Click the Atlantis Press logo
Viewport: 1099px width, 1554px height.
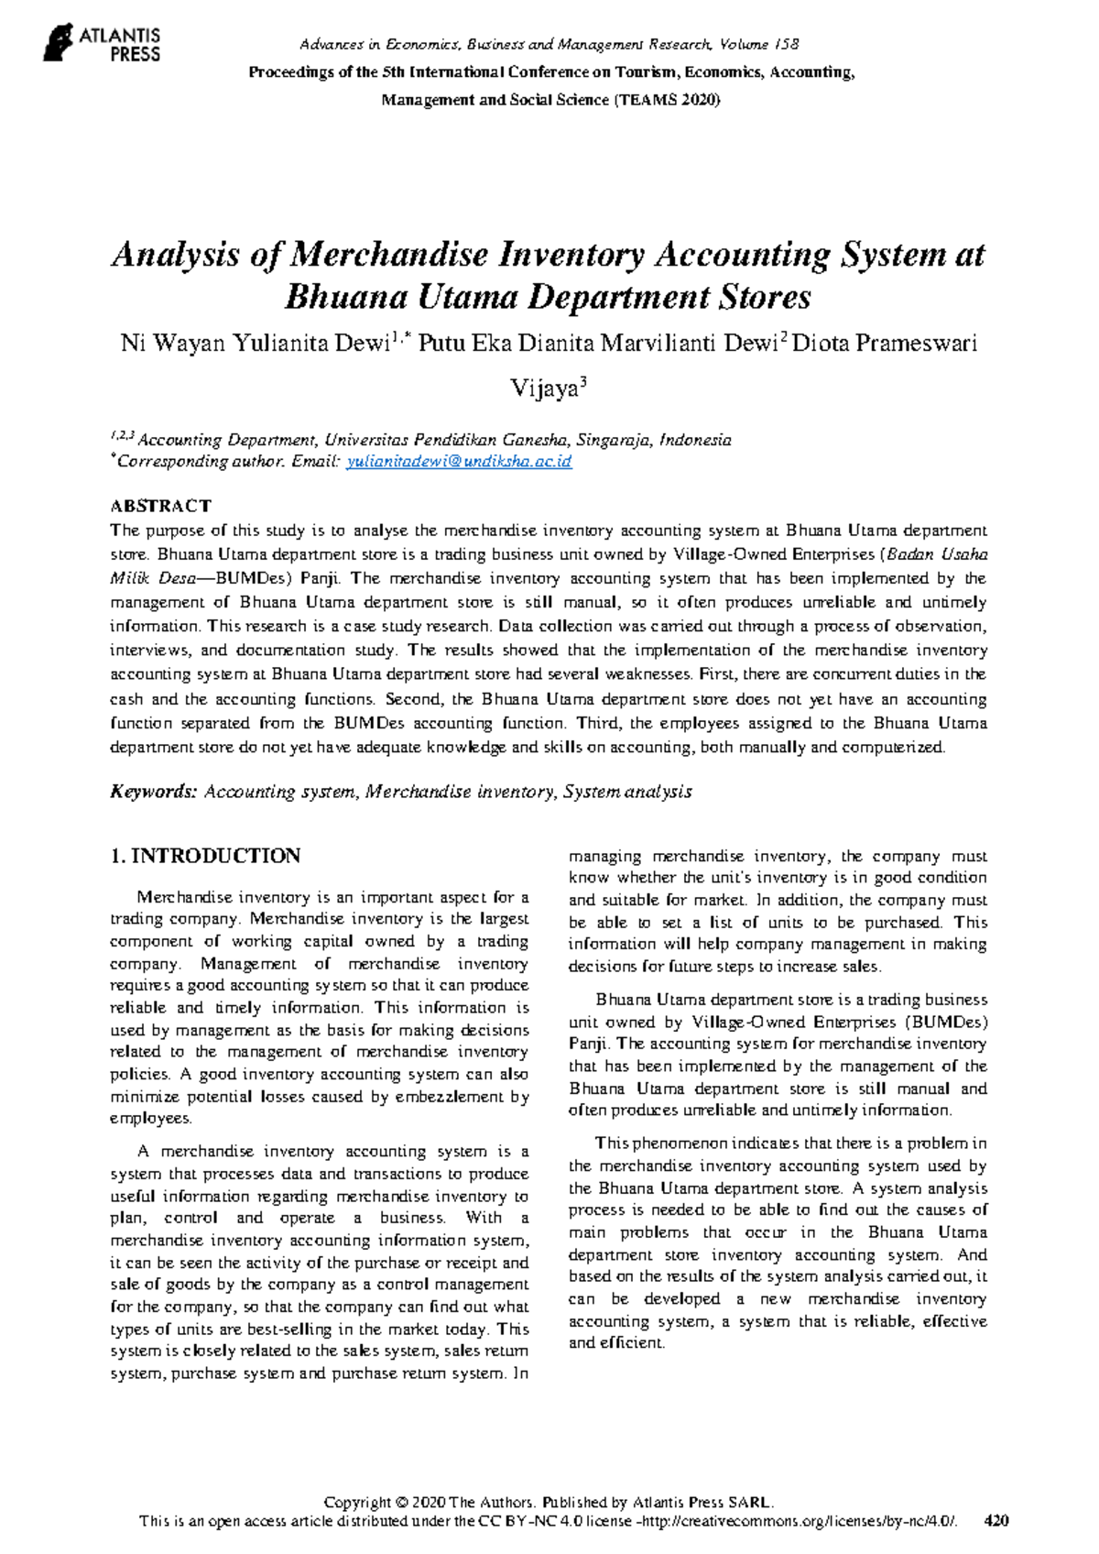click(x=102, y=43)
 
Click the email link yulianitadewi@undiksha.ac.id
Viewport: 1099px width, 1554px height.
click(x=459, y=462)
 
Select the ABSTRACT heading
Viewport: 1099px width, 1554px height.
click(x=160, y=506)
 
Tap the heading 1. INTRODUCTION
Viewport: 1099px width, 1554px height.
click(x=205, y=856)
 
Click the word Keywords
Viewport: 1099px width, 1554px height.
click(x=153, y=792)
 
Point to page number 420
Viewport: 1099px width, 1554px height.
click(x=996, y=1521)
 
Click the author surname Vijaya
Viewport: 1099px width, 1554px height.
click(x=544, y=388)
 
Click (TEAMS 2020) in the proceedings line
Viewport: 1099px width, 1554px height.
click(x=667, y=100)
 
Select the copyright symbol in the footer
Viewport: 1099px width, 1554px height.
click(x=400, y=1503)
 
